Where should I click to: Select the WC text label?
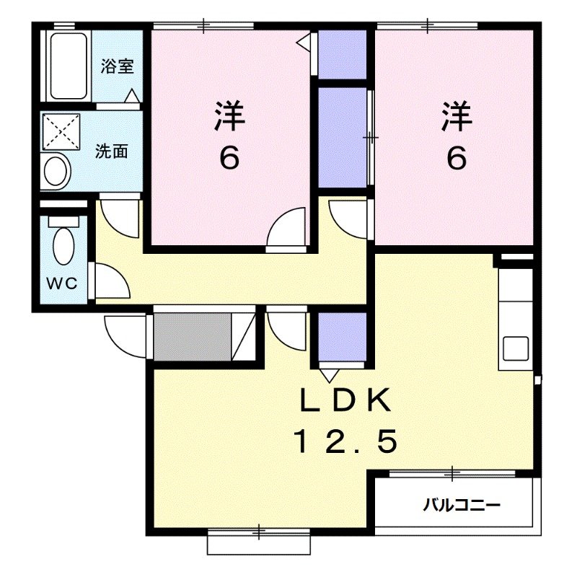[x=63, y=283]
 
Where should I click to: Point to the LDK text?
[x=345, y=401]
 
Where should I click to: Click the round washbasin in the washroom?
[x=57, y=172]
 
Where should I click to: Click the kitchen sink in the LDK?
[x=516, y=349]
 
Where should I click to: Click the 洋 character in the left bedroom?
[x=229, y=117]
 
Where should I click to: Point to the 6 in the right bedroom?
[x=456, y=157]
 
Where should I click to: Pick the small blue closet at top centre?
[x=343, y=55]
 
